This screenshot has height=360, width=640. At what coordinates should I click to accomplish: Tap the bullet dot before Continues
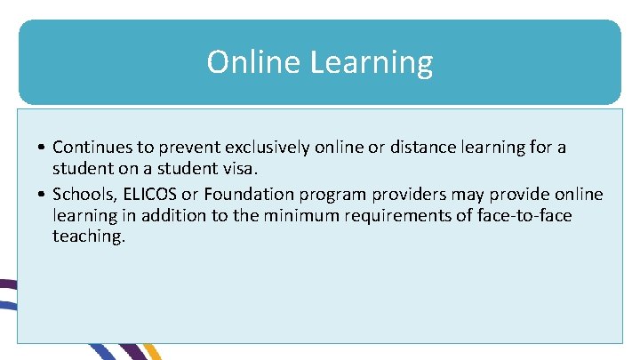click(x=43, y=148)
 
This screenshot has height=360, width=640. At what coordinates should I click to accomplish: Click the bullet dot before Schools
click(x=43, y=194)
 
